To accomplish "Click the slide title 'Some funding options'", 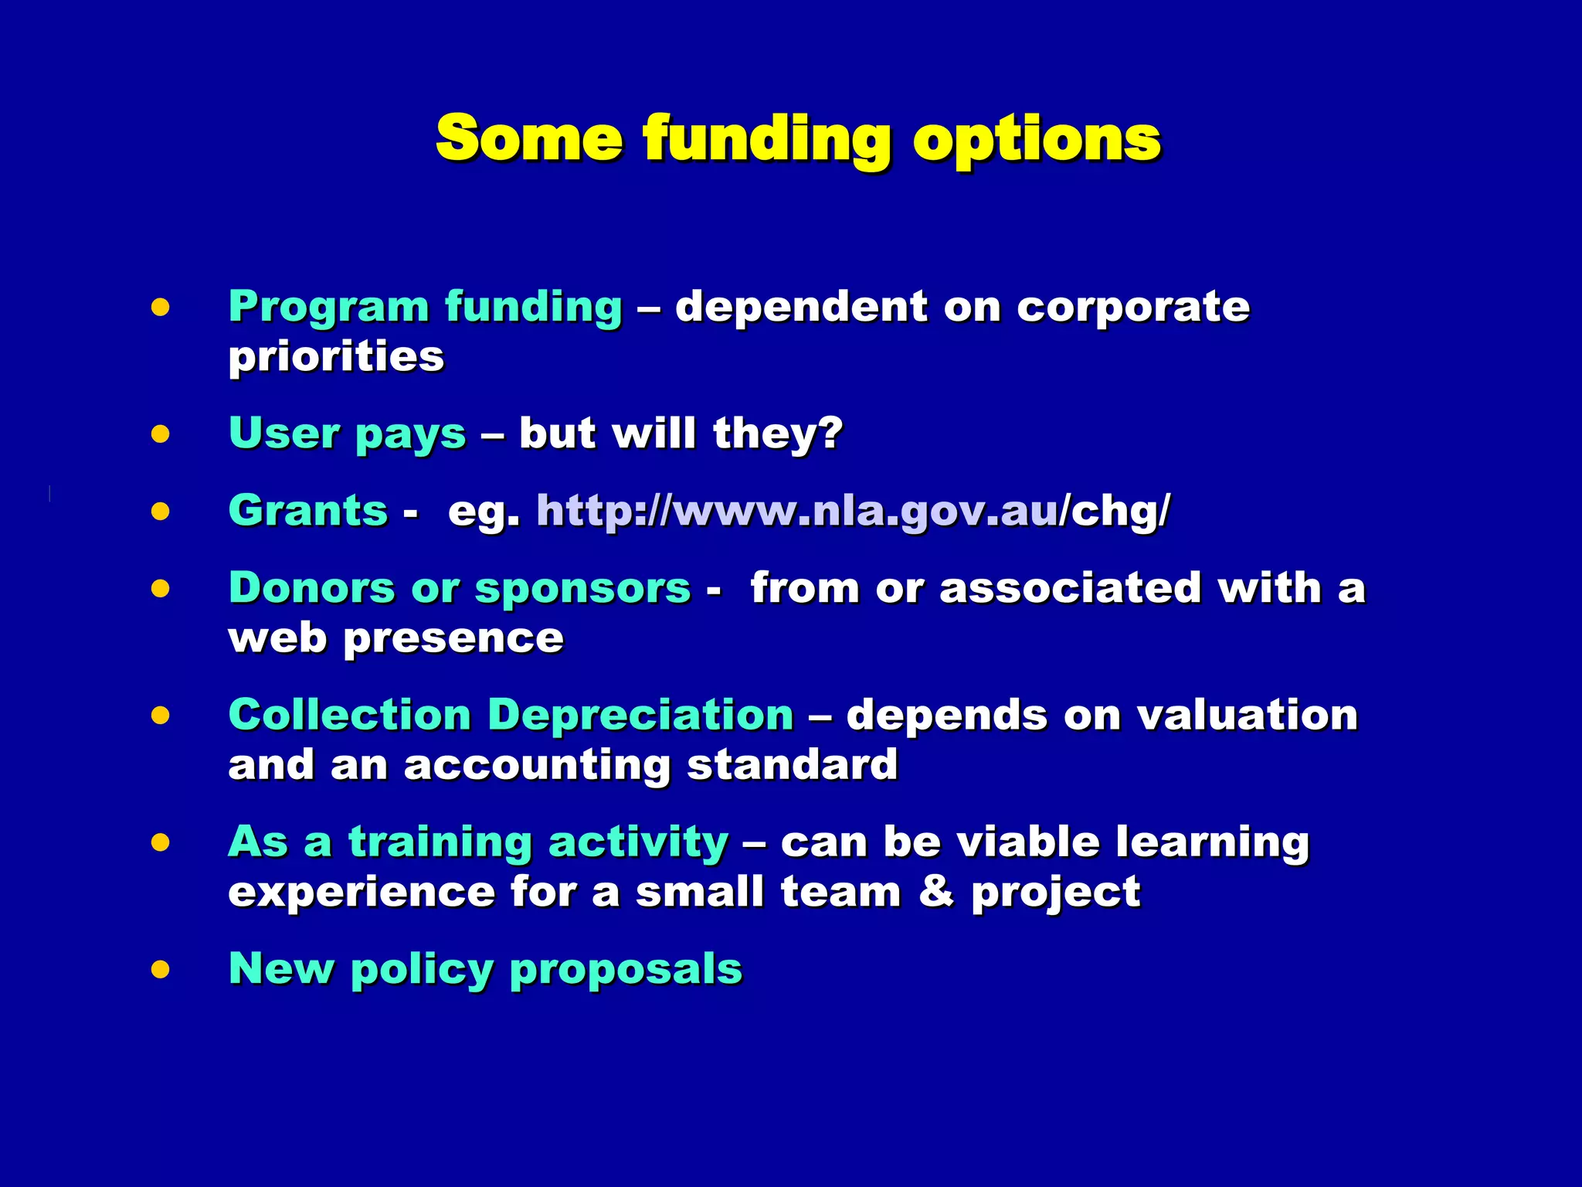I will tap(798, 139).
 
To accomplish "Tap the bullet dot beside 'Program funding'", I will tap(161, 308).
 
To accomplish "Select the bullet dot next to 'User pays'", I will tap(161, 434).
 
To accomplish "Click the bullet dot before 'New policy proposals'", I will tap(161, 969).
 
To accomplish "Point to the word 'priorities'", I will tap(336, 358).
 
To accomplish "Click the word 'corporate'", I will tap(1132, 308).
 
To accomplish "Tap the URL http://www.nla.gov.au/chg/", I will tap(853, 512).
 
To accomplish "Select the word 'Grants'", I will tap(308, 512).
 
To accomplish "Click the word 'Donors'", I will tap(312, 588).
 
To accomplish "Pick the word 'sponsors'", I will tap(582, 590).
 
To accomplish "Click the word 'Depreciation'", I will tap(640, 716).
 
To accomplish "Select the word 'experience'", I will tap(362, 893).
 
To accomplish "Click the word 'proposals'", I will tap(626, 971).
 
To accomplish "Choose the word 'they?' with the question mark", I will tap(778, 434).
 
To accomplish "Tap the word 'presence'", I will tap(453, 640).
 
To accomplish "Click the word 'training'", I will tap(440, 842).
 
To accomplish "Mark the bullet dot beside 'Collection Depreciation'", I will tap(161, 716).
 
